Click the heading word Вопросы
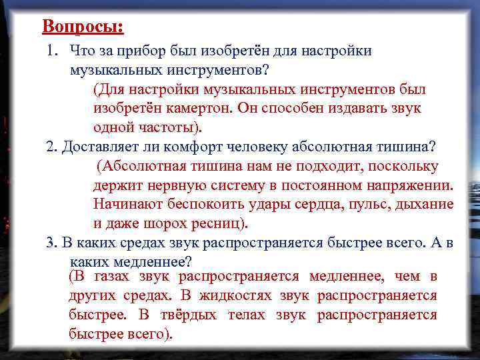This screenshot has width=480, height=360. pyautogui.click(x=82, y=27)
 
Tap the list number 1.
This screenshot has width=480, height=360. pyautogui.click(x=51, y=51)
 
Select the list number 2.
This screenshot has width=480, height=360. pyautogui.click(x=51, y=147)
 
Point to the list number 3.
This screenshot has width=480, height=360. pyautogui.click(x=51, y=242)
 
